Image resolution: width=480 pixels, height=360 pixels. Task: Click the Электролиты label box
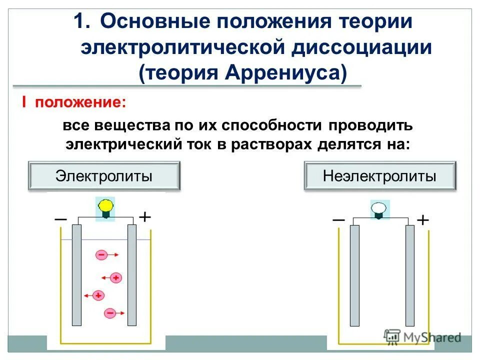(104, 175)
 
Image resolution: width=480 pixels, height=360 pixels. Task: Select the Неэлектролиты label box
(379, 175)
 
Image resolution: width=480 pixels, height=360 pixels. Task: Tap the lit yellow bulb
(105, 207)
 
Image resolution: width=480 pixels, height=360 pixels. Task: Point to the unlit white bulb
(379, 208)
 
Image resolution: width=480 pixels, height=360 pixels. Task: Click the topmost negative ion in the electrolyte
(101, 254)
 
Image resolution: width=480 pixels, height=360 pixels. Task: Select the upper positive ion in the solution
(116, 276)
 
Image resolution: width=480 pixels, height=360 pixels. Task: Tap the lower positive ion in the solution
(98, 295)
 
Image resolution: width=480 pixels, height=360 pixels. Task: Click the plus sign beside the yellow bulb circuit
(144, 216)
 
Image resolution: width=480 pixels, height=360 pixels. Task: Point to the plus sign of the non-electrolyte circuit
(422, 220)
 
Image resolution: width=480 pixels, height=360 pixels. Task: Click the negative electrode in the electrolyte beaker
(77, 275)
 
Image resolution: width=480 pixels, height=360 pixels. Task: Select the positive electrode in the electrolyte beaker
(132, 275)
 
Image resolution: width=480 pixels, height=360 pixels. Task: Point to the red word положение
(79, 102)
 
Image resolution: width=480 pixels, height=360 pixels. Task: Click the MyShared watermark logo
(422, 337)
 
